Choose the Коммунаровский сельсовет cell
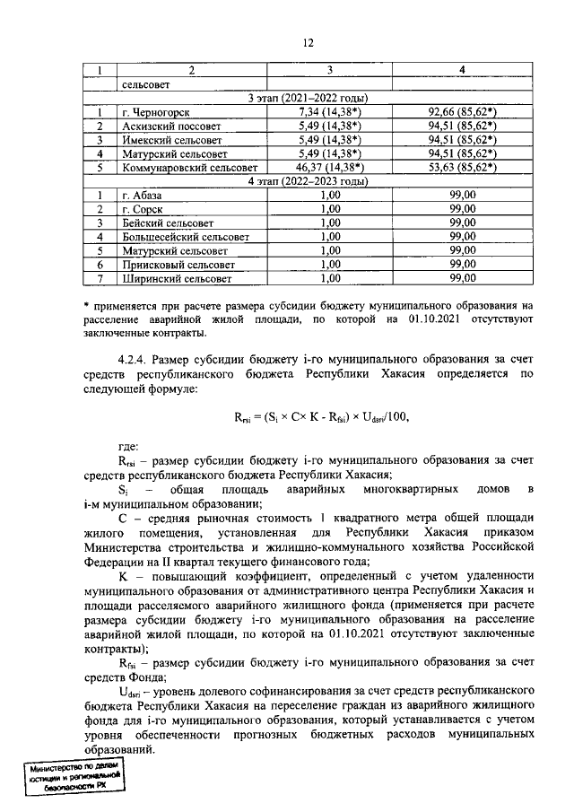(x=189, y=167)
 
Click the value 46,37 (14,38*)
(x=329, y=167)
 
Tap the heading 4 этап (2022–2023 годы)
(x=309, y=180)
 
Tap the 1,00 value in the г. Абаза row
(x=329, y=195)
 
